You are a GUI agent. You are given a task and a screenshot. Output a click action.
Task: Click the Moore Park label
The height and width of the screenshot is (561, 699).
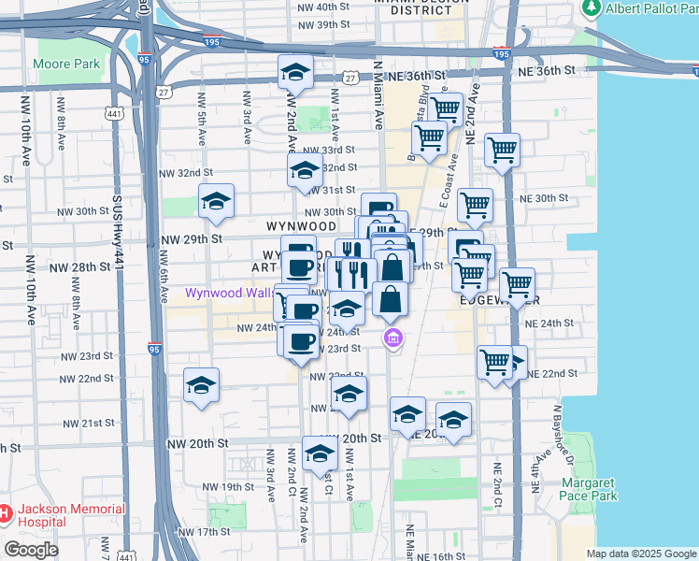click(66, 65)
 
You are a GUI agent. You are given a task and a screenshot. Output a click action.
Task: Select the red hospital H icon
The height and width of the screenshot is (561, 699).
click(5, 513)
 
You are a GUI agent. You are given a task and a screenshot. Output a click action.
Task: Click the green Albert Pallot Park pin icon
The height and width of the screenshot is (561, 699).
click(592, 8)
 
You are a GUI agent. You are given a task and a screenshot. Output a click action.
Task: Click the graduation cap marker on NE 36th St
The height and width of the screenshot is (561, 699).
click(295, 73)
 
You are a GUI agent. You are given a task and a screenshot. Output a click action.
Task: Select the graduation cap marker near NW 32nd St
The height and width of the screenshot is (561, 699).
click(305, 172)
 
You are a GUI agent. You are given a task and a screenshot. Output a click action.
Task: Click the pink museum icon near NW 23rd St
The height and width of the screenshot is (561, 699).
click(392, 338)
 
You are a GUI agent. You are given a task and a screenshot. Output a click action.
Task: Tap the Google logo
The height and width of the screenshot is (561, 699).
click(33, 550)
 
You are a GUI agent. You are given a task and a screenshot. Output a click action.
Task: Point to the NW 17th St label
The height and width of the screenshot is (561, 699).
click(207, 532)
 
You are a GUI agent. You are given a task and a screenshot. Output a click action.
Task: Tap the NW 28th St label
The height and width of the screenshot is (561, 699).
click(80, 267)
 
